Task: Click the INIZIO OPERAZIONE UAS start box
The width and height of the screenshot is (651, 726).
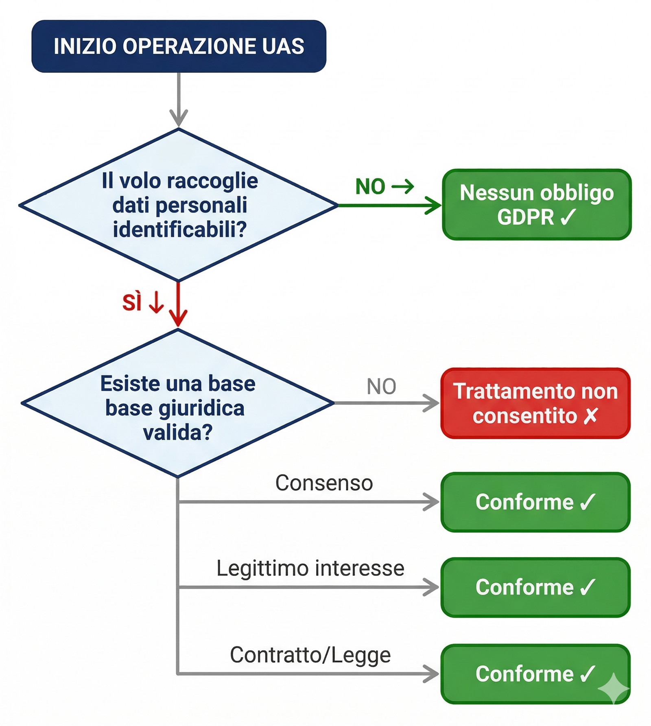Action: [179, 46]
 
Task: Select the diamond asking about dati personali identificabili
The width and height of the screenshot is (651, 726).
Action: [179, 205]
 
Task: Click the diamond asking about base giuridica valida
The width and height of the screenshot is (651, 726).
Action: [178, 403]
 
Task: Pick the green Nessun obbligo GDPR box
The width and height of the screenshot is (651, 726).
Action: [537, 205]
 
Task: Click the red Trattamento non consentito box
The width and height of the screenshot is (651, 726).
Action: [535, 403]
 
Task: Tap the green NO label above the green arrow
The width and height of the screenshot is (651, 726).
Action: [370, 187]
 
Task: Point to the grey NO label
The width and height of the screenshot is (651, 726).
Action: [381, 386]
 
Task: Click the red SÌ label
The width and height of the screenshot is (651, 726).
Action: [132, 302]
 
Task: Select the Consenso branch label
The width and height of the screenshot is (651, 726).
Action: [324, 483]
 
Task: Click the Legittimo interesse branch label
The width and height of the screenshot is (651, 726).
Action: [310, 568]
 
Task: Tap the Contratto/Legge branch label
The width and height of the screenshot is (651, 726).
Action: [310, 655]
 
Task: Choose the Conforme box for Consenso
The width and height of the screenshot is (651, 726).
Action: [535, 502]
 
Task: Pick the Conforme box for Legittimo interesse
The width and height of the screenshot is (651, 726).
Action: [535, 587]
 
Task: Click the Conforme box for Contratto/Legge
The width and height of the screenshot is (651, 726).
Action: [535, 674]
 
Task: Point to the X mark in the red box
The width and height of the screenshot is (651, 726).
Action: [590, 416]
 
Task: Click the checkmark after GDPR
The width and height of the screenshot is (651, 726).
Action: [568, 217]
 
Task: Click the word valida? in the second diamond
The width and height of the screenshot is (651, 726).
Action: [178, 432]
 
